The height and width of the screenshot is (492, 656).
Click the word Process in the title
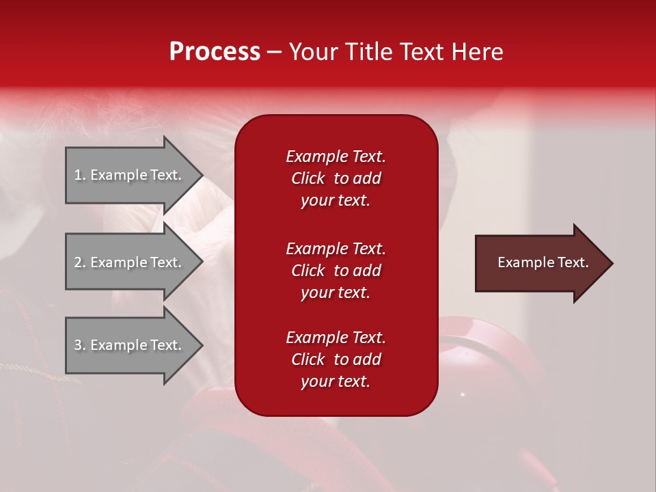click(x=215, y=52)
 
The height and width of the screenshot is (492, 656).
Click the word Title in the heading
click(x=363, y=52)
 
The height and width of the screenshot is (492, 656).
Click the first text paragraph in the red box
click(x=336, y=178)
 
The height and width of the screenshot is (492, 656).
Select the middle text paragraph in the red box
click(x=336, y=271)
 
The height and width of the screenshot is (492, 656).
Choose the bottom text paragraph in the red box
click(x=336, y=359)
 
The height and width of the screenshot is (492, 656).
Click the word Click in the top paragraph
click(x=307, y=178)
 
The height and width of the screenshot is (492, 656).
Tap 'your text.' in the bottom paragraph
click(x=336, y=382)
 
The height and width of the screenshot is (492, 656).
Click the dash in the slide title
click(x=274, y=52)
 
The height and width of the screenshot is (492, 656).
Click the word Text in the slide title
click(x=423, y=52)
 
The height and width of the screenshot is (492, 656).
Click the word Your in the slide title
click(x=311, y=52)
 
